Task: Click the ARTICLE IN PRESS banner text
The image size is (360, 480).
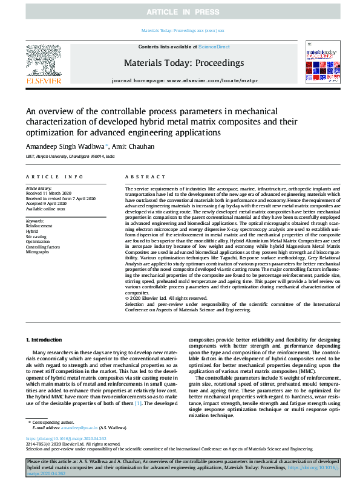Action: coord(180,12)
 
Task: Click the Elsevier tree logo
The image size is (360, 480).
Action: coord(44,61)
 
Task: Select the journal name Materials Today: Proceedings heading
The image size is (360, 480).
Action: coord(183,63)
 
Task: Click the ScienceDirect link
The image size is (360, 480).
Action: coord(213,47)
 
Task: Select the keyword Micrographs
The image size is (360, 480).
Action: coord(38,251)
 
